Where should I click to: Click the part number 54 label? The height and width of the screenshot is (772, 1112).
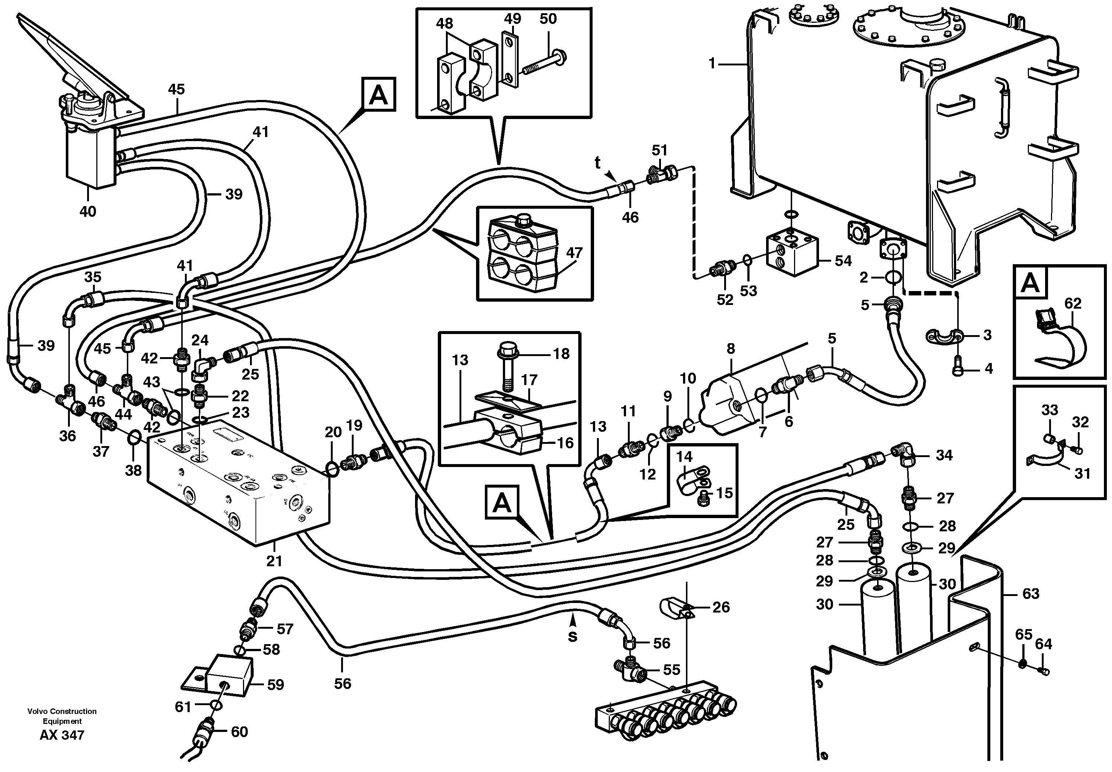[843, 261]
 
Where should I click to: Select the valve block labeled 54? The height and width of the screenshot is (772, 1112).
[792, 254]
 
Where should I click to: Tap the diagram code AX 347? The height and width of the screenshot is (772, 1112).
[62, 736]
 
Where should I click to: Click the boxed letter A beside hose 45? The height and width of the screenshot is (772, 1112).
[378, 94]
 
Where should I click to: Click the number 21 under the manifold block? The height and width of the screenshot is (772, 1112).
[274, 561]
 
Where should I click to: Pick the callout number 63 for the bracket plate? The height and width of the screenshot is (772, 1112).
[1031, 593]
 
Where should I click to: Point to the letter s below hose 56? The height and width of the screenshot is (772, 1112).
[572, 637]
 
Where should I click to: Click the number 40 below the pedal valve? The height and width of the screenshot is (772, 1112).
[87, 211]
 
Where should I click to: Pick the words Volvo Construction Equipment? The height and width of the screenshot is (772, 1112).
[62, 716]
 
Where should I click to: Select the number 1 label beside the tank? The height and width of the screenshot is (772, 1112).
[711, 63]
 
